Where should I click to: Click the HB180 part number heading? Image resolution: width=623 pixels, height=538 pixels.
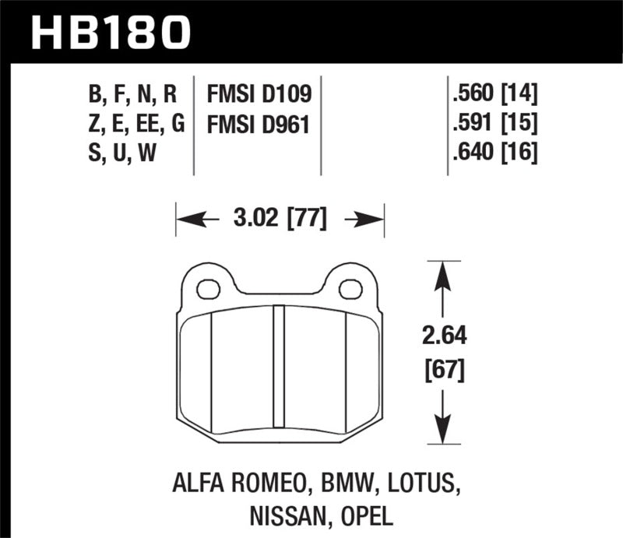(110, 32)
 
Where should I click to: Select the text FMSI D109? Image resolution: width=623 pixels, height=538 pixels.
(259, 96)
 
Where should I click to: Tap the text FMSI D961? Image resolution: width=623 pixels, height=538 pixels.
(259, 125)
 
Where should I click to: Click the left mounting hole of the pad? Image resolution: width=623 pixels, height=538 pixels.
(206, 290)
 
